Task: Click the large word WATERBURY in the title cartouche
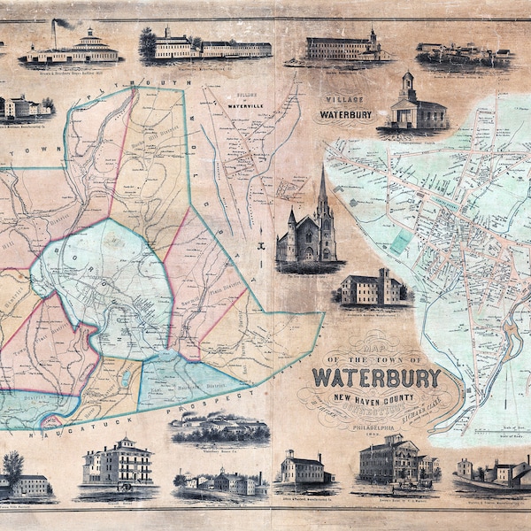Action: pyautogui.click(x=375, y=378)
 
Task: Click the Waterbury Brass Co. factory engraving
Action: pyautogui.click(x=219, y=430)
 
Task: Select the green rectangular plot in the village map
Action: pyautogui.click(x=401, y=242)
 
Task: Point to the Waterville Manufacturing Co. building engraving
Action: pyautogui.click(x=212, y=44)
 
